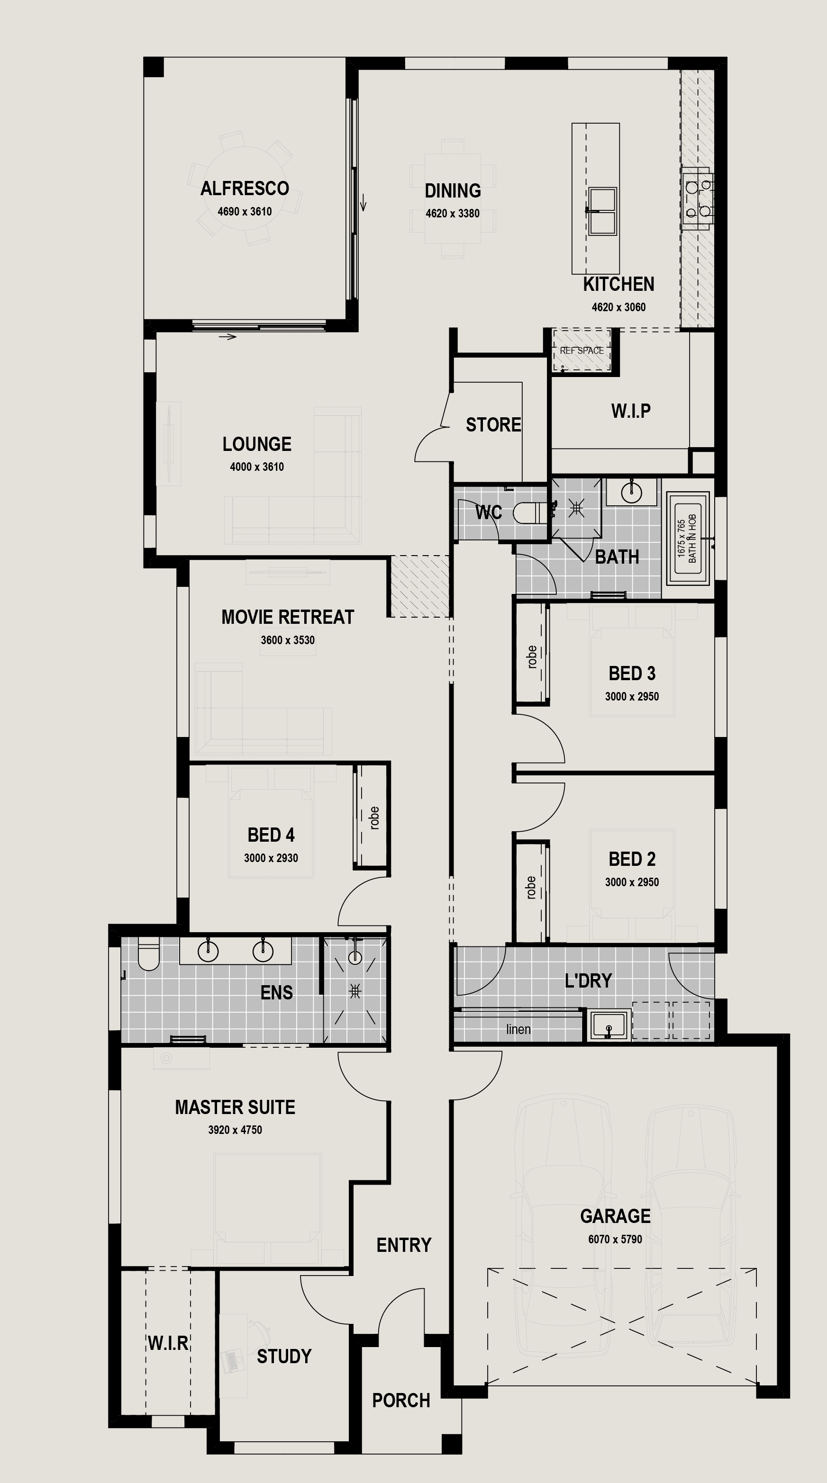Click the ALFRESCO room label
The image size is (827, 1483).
click(245, 188)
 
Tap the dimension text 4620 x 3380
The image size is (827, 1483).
click(453, 214)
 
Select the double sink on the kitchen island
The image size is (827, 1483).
click(602, 211)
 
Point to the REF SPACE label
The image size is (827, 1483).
click(582, 350)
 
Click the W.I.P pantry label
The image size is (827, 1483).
click(631, 411)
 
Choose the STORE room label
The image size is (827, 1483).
click(493, 425)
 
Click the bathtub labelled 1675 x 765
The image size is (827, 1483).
click(688, 538)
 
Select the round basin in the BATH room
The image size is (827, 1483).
click(631, 492)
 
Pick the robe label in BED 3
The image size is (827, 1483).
click(532, 656)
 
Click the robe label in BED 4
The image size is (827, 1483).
click(374, 818)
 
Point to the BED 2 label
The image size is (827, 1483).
click(632, 859)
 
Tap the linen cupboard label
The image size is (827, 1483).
click(518, 1029)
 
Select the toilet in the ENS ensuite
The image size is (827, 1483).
click(149, 954)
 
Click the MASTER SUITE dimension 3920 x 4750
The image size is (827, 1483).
click(235, 1130)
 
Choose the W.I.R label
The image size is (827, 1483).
click(168, 1343)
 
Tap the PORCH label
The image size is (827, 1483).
click(401, 1400)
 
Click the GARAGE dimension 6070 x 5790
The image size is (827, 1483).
click(615, 1239)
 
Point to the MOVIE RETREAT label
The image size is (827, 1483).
click(287, 617)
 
